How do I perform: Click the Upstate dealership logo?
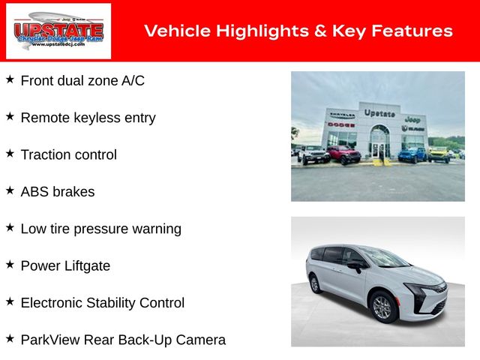tap(58, 31)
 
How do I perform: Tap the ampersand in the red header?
tap(320, 31)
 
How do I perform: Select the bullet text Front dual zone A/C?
tap(82, 81)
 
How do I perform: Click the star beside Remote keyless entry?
tap(10, 116)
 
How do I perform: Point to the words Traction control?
tap(69, 154)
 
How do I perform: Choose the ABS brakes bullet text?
tap(58, 192)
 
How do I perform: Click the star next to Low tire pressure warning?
tap(10, 227)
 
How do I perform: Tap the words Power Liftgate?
tap(65, 266)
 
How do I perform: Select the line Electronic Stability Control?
tap(103, 303)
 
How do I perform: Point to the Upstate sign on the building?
tap(379, 113)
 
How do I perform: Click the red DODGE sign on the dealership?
tap(341, 124)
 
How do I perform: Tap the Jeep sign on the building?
tap(412, 119)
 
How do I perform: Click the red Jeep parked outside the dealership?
tap(344, 154)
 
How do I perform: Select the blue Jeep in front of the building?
tap(412, 155)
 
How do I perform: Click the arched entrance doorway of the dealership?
tap(379, 142)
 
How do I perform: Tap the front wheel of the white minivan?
tap(383, 307)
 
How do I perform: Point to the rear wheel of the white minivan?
tap(315, 284)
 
